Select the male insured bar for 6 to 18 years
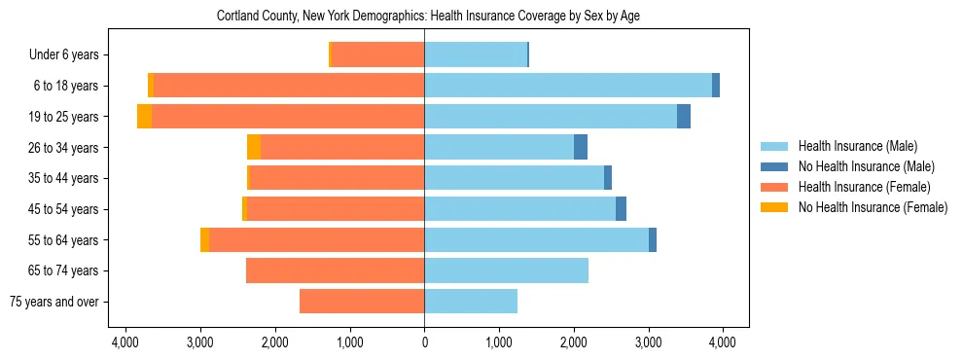(x=568, y=86)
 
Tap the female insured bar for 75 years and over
(x=362, y=302)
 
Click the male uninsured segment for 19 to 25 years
(x=684, y=117)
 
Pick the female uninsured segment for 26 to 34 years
(x=254, y=147)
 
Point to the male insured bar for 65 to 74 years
(x=506, y=270)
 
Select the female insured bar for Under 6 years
(x=377, y=54)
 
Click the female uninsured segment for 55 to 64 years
(x=204, y=239)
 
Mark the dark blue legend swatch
(x=774, y=166)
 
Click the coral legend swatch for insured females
(x=774, y=187)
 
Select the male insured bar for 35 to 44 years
(x=514, y=178)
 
